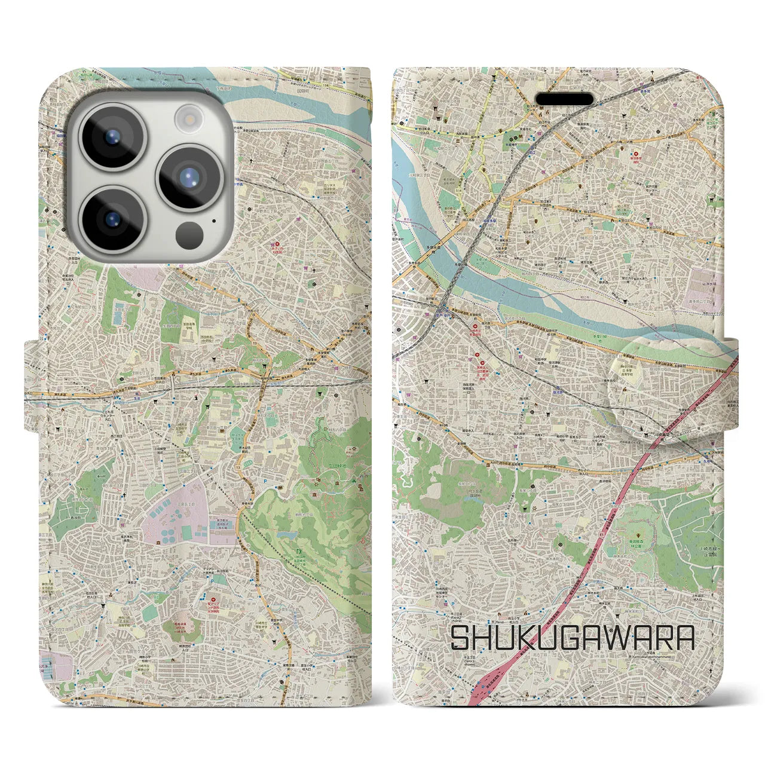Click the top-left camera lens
point(112,137)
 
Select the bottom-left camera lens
point(112,218)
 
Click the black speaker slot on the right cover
point(564,98)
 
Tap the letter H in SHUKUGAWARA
point(487,638)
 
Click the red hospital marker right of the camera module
point(276,244)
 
